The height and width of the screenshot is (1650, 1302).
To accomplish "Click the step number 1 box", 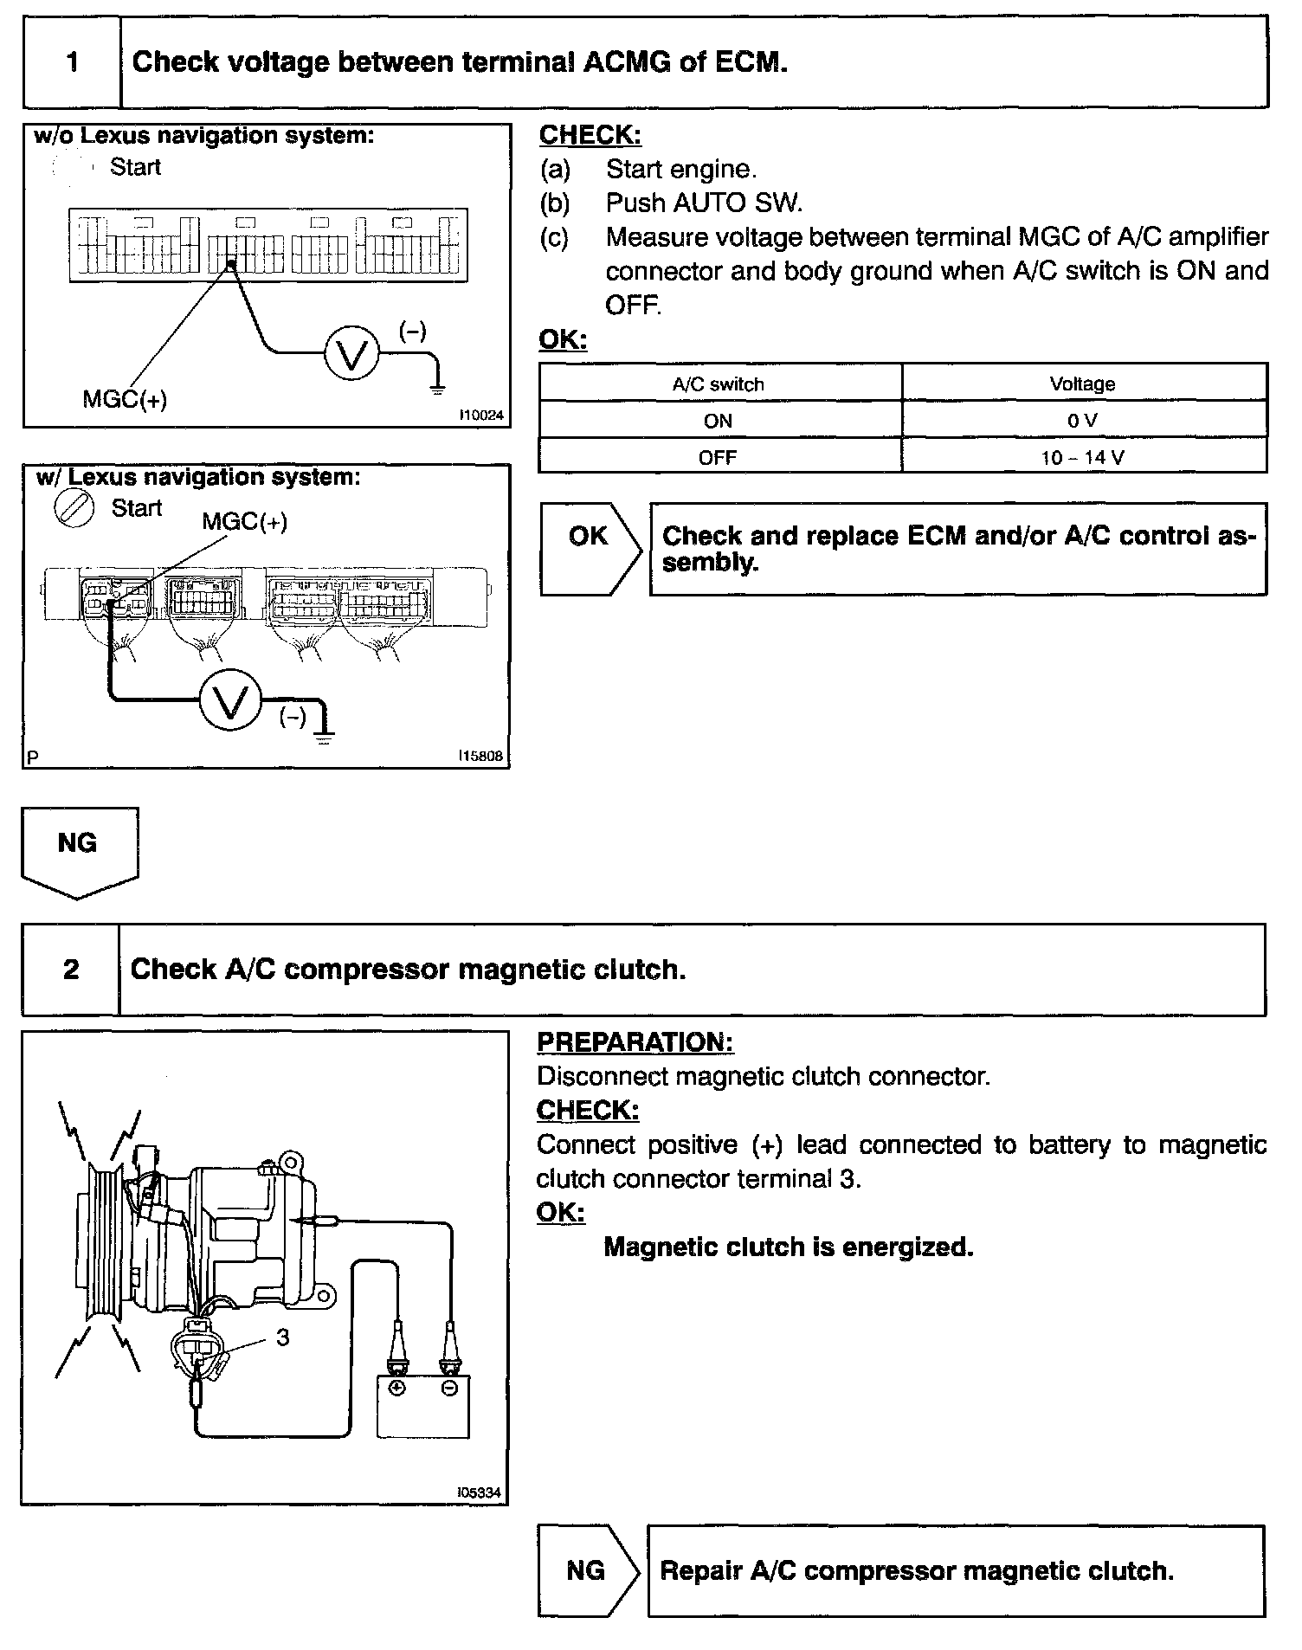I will point(72,62).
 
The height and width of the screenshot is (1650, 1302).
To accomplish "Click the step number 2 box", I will point(71,969).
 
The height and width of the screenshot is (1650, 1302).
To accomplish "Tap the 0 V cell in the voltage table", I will point(1082,421).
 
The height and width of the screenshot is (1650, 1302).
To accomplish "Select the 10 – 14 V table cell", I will point(1082,457).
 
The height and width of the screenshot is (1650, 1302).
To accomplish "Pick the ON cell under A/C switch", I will point(719,421).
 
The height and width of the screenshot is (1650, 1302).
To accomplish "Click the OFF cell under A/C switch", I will point(719,457).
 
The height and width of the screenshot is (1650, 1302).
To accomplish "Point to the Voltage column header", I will point(1082,384).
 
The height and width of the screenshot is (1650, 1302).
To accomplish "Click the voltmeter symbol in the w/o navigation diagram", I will point(351,354).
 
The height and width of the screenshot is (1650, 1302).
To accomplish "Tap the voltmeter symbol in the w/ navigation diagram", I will point(230,702).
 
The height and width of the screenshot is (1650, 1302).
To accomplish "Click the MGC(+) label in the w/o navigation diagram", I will point(125,399).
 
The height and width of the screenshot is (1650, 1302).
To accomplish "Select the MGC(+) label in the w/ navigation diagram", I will point(245,521).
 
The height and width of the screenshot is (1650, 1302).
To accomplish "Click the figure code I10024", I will point(480,416).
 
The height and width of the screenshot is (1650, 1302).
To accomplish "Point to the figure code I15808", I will point(480,756).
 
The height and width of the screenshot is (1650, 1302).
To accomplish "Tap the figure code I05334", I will point(480,1492).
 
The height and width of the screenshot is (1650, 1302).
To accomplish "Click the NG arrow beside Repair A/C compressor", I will point(587,1570).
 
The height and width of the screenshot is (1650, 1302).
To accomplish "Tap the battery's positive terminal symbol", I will point(396,1388).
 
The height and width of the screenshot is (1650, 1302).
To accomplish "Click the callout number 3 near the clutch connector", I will point(283,1337).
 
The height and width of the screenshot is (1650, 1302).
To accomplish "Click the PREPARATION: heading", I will point(635,1042).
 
